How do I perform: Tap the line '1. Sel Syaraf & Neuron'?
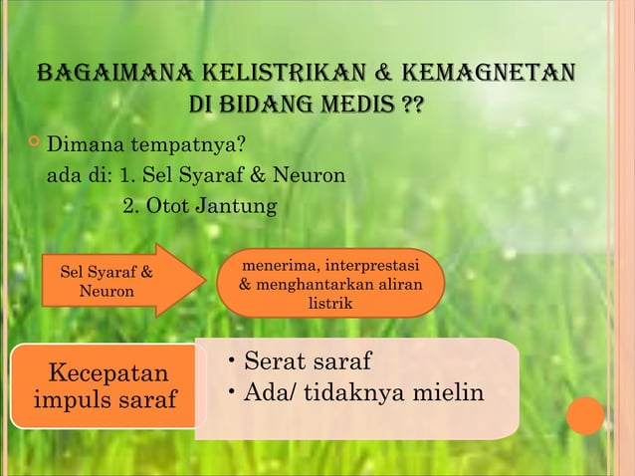click(x=232, y=177)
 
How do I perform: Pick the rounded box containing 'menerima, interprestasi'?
click(x=329, y=283)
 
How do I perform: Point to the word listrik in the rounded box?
click(x=329, y=304)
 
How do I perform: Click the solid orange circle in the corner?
click(x=586, y=415)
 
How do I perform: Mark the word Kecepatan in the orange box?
click(x=108, y=373)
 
